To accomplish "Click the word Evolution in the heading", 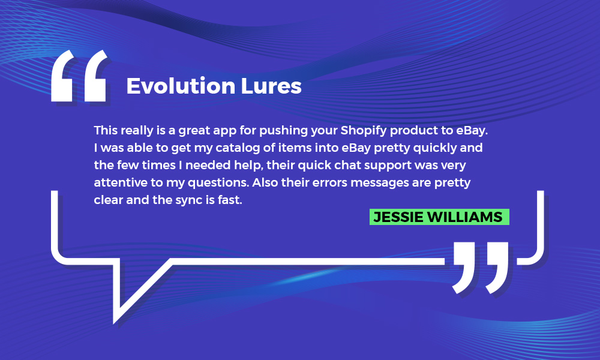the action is (x=181, y=86).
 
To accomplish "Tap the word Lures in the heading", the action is (x=271, y=86).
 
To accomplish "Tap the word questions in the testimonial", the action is (x=218, y=183).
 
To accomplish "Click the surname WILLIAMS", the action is (x=465, y=217).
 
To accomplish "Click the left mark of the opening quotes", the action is (x=62, y=76).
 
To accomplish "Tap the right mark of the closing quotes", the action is (x=497, y=268).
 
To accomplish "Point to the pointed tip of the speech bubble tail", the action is (x=114, y=323).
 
